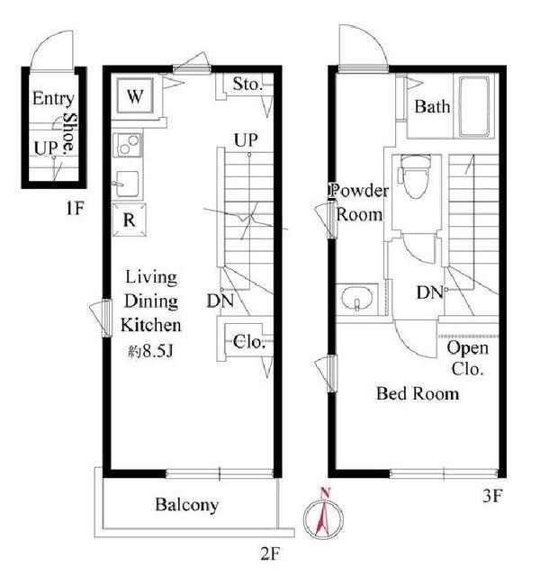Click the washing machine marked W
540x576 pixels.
(x=135, y=96)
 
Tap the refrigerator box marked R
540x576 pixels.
(x=129, y=220)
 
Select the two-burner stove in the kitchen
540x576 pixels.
(x=128, y=145)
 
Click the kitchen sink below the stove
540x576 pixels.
(x=127, y=184)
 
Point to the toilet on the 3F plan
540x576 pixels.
(x=416, y=176)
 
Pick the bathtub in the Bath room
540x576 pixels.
(x=474, y=106)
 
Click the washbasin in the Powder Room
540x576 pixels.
(x=357, y=299)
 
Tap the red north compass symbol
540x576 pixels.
(x=324, y=513)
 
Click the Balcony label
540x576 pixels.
(x=186, y=505)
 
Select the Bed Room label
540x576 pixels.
(x=418, y=393)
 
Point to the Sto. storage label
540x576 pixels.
(x=248, y=84)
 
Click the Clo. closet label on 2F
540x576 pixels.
(x=249, y=342)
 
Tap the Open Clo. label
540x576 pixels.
(x=468, y=358)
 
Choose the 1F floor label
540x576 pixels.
(x=75, y=209)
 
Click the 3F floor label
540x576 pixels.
(x=492, y=496)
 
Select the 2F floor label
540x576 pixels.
(x=271, y=554)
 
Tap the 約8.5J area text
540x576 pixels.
(x=150, y=352)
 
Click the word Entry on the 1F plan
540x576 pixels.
(x=53, y=98)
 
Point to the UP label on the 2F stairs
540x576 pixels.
(x=246, y=139)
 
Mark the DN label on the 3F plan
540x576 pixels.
(x=430, y=292)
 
